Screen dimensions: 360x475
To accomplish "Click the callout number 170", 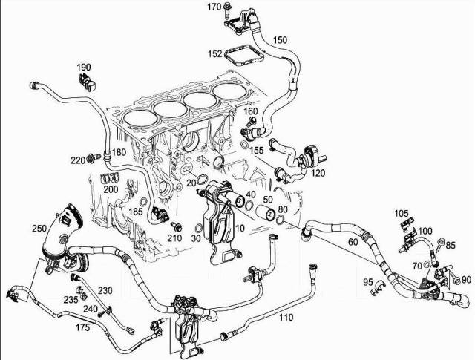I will coord(214,7).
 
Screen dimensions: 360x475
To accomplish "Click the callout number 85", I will coord(451,246).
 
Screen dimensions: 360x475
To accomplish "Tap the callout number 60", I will coord(352,241).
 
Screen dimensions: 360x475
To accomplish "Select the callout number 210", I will coord(175,238).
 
